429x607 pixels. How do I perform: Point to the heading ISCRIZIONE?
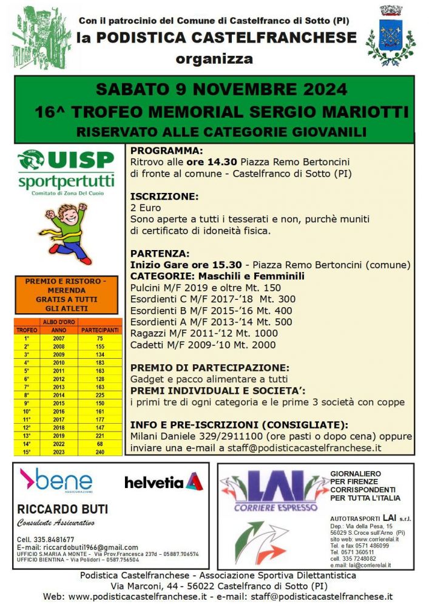164,197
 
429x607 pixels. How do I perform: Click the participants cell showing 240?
100,452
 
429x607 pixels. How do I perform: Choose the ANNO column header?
59,330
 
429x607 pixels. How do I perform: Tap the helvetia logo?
163,482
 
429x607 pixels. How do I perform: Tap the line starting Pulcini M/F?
206,287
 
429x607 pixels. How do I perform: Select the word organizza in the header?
214,59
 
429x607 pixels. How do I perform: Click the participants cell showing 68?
100,443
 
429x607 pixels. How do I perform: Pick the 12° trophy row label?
27,427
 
